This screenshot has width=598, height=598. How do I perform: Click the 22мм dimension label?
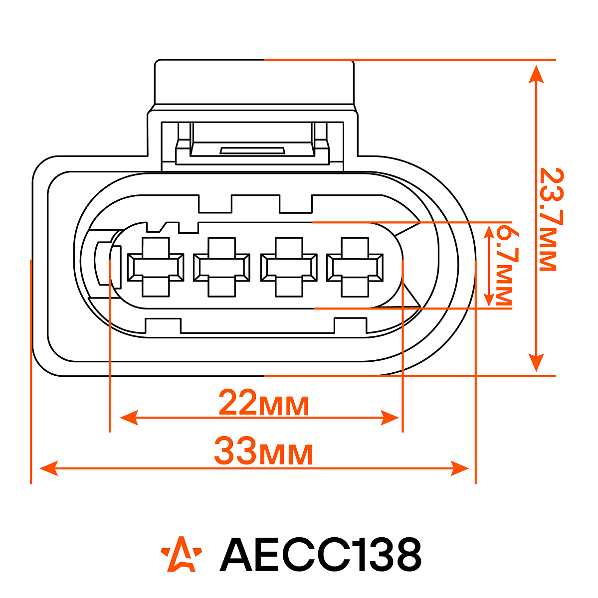264,404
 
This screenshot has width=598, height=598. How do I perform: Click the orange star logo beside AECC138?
182,554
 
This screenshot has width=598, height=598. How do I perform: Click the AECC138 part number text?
321,554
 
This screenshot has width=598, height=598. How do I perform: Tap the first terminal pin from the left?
156,267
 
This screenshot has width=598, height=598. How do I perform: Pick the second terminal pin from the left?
221,267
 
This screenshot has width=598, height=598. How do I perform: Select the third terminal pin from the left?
288,267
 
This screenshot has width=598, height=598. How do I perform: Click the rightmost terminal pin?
355,267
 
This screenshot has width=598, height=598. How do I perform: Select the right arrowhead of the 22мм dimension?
391,418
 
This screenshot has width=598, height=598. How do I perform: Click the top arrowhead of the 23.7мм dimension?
536,72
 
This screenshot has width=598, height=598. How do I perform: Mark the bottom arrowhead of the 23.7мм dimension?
536,363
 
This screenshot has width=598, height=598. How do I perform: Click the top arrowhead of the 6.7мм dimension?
490,231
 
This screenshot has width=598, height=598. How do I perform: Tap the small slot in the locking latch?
252,150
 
